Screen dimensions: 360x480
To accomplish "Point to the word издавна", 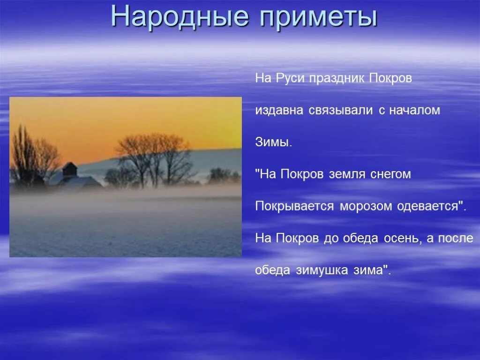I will tap(279, 111).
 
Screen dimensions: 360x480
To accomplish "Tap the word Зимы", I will tap(273, 142).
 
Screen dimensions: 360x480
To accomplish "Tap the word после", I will tap(456, 238).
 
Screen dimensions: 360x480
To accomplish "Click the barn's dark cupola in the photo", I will tap(69, 169).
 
